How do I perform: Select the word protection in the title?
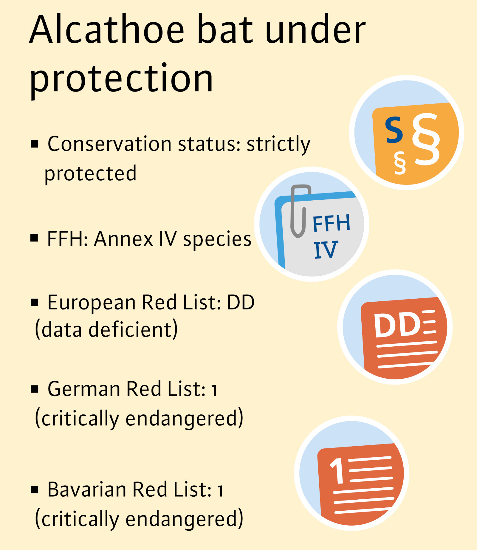122,79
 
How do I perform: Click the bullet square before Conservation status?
35,144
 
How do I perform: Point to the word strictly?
278,145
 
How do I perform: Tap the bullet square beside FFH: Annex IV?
34,238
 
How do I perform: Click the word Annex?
124,238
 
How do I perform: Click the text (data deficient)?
106,329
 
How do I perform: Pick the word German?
84,389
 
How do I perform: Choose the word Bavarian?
87,489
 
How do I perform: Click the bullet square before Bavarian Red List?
35,490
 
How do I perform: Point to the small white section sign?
400,162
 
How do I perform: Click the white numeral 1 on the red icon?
337,471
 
